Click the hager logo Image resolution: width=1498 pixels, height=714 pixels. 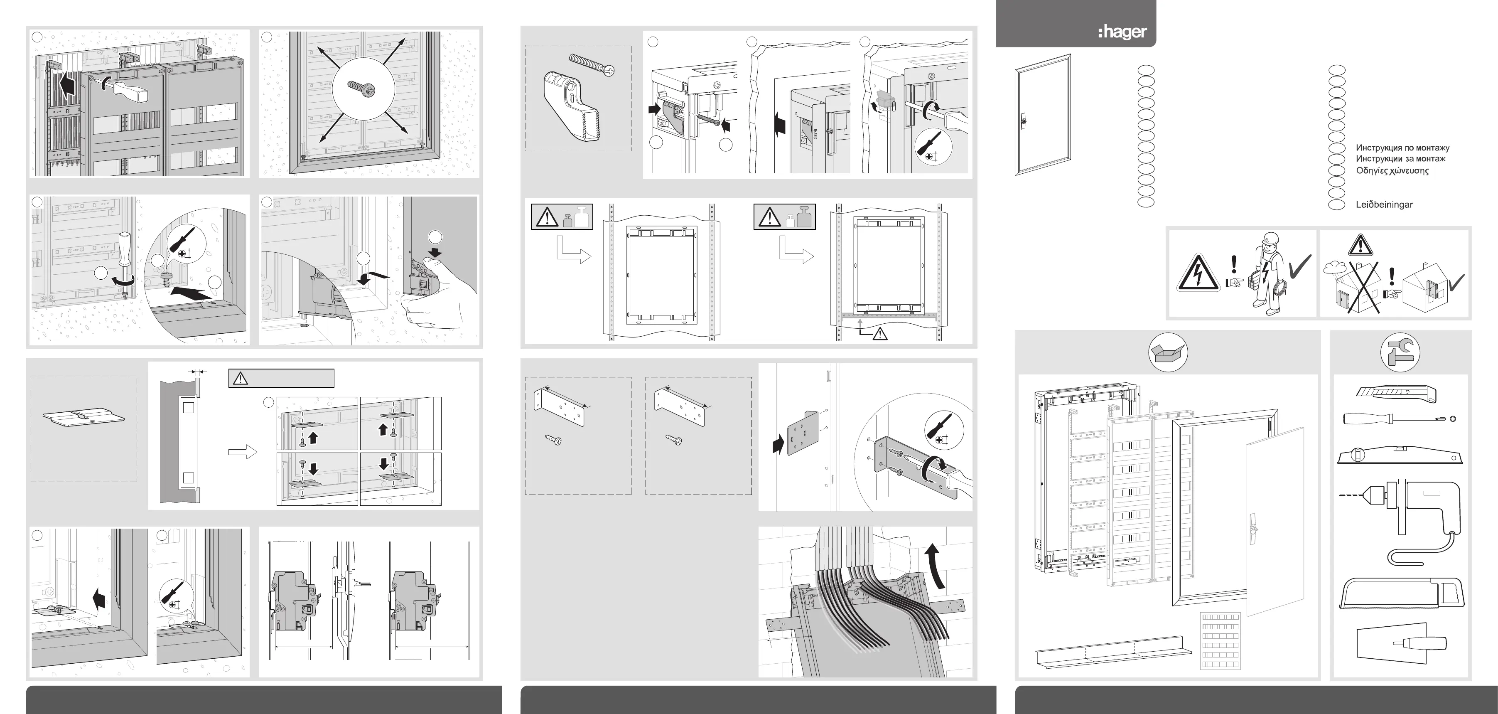[x=1122, y=32]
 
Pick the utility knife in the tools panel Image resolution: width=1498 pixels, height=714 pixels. [x=1396, y=394]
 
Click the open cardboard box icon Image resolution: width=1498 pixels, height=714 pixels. [x=1168, y=352]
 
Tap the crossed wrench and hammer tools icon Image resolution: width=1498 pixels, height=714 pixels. [x=1400, y=352]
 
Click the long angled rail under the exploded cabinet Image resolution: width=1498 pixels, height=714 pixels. [x=1114, y=650]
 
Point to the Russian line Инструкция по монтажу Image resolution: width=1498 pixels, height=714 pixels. [x=1402, y=148]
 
